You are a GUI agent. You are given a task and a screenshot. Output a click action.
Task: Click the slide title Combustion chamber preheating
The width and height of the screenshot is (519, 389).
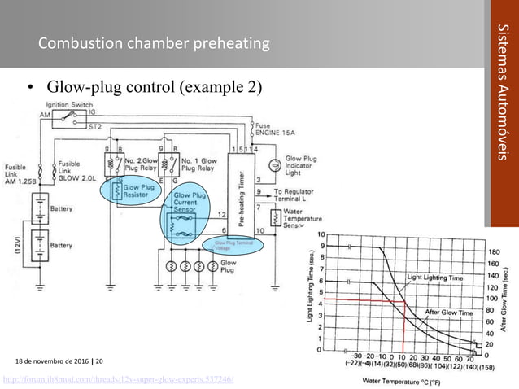pos(154,42)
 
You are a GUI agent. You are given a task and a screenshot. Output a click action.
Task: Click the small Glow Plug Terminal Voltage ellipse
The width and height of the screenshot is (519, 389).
pos(234,244)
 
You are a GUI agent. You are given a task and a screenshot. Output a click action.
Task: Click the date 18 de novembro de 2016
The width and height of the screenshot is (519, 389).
pos(54,361)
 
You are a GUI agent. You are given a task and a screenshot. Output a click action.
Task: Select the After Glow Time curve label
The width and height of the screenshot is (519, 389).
pos(449,312)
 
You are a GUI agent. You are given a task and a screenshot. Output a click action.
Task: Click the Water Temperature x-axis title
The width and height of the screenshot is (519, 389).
pos(408,380)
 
